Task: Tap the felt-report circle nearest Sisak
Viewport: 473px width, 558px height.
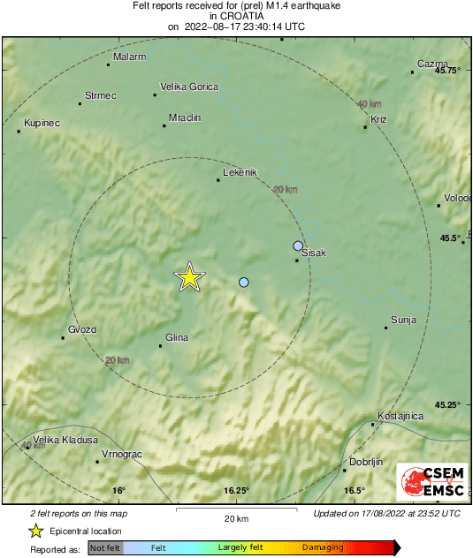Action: pyautogui.click(x=298, y=245)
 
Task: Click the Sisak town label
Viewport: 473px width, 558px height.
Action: pyautogui.click(x=314, y=253)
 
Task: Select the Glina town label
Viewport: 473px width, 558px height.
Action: pyautogui.click(x=178, y=336)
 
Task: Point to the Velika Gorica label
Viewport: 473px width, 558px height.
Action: pyautogui.click(x=187, y=87)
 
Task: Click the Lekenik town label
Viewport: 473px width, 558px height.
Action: pyautogui.click(x=240, y=172)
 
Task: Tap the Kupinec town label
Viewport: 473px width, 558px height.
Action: pyautogui.click(x=42, y=123)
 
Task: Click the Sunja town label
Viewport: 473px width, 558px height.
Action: pyautogui.click(x=403, y=320)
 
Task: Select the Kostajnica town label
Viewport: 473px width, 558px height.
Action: pyautogui.click(x=401, y=416)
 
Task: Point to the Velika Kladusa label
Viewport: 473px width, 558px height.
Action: pyautogui.click(x=65, y=440)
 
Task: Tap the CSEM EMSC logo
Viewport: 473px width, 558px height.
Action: pyautogui.click(x=431, y=482)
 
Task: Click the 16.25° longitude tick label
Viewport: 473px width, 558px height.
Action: pyautogui.click(x=236, y=491)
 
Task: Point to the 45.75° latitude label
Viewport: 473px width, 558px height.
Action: pyautogui.click(x=448, y=71)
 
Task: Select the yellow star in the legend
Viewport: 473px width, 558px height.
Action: pyautogui.click(x=36, y=531)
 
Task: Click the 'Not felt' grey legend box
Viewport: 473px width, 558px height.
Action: pyautogui.click(x=105, y=548)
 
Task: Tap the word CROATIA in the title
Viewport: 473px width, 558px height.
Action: pyautogui.click(x=236, y=16)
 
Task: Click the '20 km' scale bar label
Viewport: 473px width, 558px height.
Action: pyautogui.click(x=236, y=518)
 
